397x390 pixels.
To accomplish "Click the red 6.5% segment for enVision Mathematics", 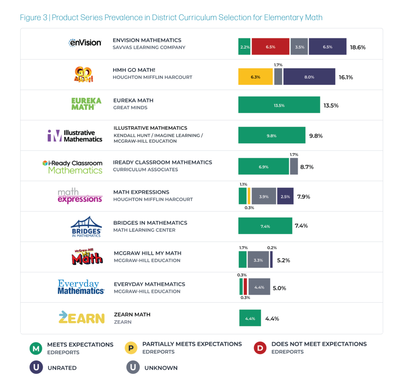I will pyautogui.click(x=270, y=47).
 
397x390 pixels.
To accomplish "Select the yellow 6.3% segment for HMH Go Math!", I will pyautogui.click(x=255, y=77).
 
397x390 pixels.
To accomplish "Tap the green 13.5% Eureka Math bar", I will pyautogui.click(x=279, y=105).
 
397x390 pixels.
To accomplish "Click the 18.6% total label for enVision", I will pyautogui.click(x=357, y=47).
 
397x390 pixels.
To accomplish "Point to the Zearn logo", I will pyautogui.click(x=81, y=318).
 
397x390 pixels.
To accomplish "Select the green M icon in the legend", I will pyautogui.click(x=36, y=348).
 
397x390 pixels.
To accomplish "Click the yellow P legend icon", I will pyautogui.click(x=131, y=348).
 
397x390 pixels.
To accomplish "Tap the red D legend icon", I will pyautogui.click(x=260, y=348).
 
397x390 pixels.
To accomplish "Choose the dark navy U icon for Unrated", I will pyautogui.click(x=36, y=367).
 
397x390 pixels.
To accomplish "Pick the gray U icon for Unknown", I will pyautogui.click(x=133, y=367).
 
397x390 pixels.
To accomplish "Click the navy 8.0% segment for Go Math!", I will pyautogui.click(x=309, y=77).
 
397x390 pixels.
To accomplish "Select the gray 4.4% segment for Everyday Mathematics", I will pyautogui.click(x=259, y=288).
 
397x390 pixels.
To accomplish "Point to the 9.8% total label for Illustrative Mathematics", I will pyautogui.click(x=316, y=136).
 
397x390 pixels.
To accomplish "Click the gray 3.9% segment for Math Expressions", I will pyautogui.click(x=264, y=196).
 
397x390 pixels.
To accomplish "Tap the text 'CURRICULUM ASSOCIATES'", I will pyautogui.click(x=145, y=170).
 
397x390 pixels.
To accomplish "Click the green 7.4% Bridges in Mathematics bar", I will pyautogui.click(x=265, y=226).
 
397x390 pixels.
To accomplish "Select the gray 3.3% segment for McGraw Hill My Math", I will pyautogui.click(x=258, y=260).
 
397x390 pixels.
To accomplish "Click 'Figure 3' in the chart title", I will pyautogui.click(x=34, y=17).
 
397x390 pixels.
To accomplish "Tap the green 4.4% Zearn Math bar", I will pyautogui.click(x=250, y=318).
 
